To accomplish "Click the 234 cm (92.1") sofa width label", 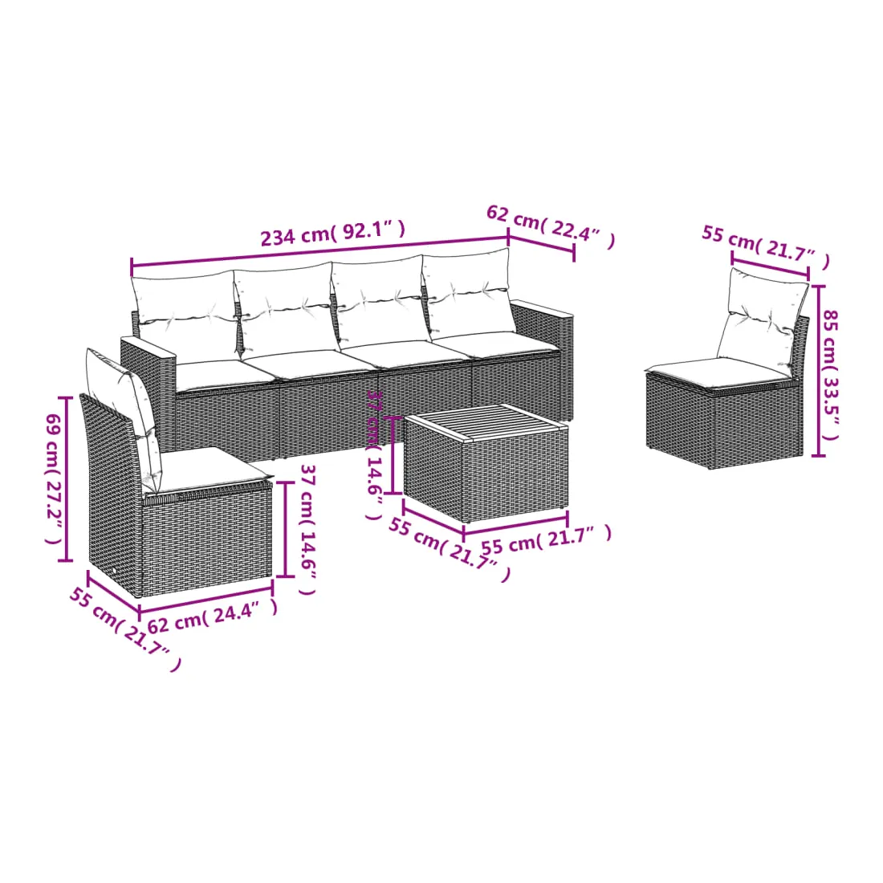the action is coord(332,233).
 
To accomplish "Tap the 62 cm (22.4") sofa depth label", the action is coord(550,226).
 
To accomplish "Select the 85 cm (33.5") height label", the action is coord(831,375).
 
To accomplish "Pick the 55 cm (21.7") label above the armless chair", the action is coord(766,246).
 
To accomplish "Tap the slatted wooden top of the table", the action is coord(486,422).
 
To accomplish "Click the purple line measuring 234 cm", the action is coord(319,250).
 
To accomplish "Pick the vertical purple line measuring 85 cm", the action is coord(818,371).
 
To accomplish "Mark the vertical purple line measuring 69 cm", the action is coord(67,479).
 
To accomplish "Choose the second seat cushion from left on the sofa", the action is coord(307,360).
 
